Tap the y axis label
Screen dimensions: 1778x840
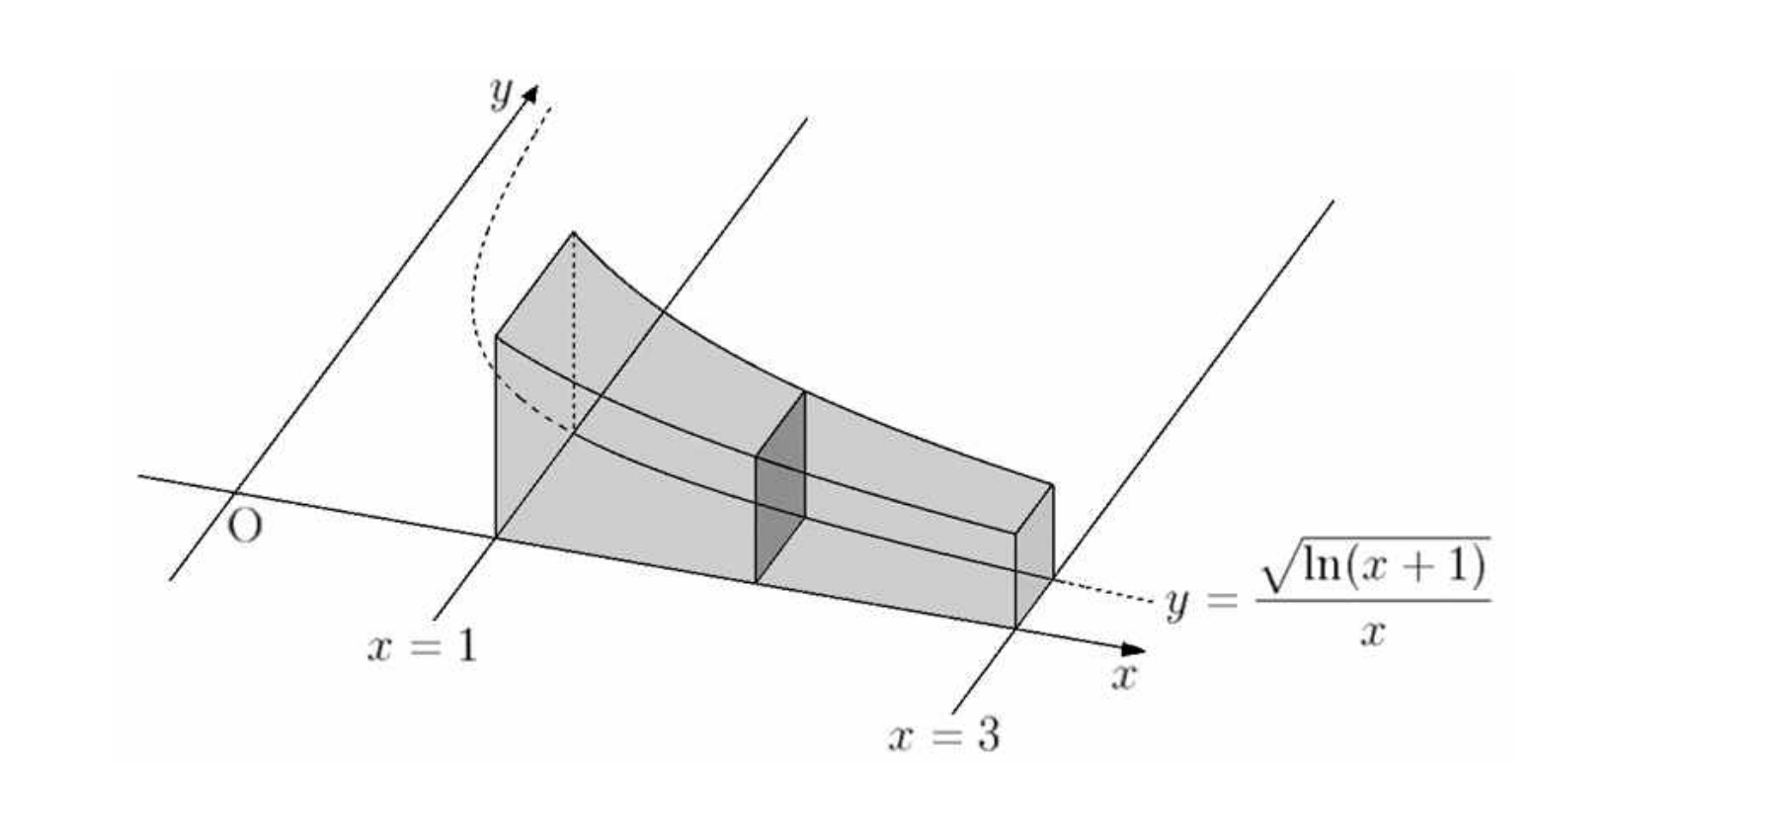click(x=502, y=92)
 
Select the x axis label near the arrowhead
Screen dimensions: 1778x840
click(x=1124, y=677)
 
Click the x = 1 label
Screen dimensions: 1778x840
click(x=422, y=647)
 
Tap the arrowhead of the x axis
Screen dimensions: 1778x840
click(x=1133, y=649)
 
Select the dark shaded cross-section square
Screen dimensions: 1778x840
click(x=780, y=487)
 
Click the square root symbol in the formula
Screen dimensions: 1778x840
click(x=1279, y=563)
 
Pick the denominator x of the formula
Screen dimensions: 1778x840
click(x=1371, y=632)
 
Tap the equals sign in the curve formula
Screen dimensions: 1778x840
click(x=1221, y=600)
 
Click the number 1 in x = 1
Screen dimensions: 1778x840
click(x=465, y=647)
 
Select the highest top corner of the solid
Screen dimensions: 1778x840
click(x=573, y=232)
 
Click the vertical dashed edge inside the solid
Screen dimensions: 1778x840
click(x=574, y=332)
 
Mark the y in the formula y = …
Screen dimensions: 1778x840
click(x=1175, y=603)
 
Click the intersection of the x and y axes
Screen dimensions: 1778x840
click(x=233, y=491)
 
